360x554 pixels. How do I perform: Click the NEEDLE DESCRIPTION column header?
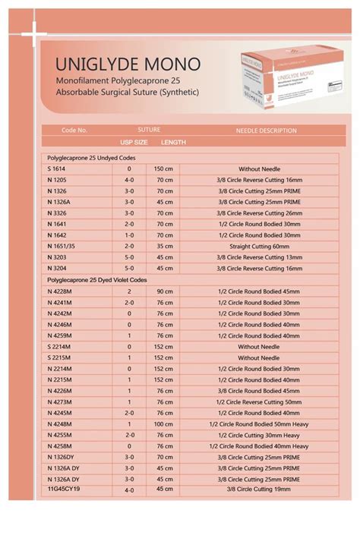[266, 131]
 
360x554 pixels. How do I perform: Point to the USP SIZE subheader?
[134, 142]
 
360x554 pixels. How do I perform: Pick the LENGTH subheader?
[173, 142]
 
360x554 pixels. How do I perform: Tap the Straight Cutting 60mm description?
[260, 247]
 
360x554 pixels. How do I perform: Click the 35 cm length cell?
[165, 247]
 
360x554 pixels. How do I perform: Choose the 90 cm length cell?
[165, 291]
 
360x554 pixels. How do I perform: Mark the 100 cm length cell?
[165, 423]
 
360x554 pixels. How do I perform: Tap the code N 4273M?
[60, 401]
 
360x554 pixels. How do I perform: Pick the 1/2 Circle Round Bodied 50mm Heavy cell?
[260, 423]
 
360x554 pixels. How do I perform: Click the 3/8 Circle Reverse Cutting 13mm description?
[260, 257]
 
